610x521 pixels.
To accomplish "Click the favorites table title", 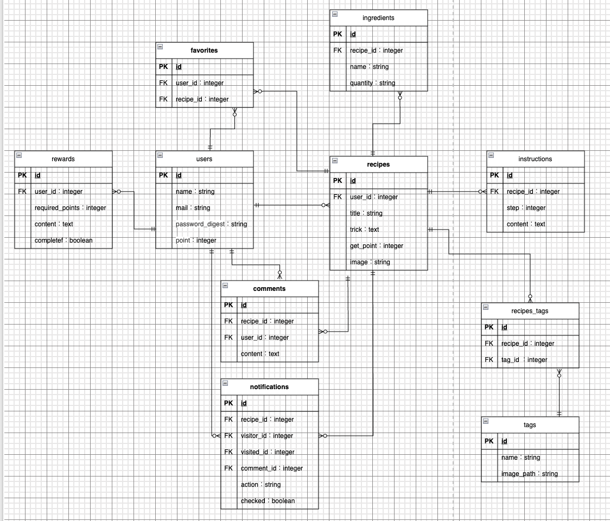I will [204, 50].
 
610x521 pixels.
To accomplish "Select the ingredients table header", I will [378, 18].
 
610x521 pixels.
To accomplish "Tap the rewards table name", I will [63, 159].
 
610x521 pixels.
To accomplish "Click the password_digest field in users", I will [211, 224].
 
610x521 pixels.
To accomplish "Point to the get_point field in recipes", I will [376, 246].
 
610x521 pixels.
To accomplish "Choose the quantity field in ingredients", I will [372, 83].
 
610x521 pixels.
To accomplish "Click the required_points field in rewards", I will [70, 208].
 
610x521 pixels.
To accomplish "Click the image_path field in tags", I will [529, 474].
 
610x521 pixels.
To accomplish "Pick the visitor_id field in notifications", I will [266, 436].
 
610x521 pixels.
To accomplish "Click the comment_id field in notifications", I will [271, 468].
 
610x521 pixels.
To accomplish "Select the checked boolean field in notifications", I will [268, 501].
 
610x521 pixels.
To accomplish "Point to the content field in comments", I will [259, 354].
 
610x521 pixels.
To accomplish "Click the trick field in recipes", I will [364, 230].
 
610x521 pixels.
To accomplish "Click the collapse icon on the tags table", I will [486, 421].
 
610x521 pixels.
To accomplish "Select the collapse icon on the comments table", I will [225, 285].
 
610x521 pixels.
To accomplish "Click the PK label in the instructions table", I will [494, 175].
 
